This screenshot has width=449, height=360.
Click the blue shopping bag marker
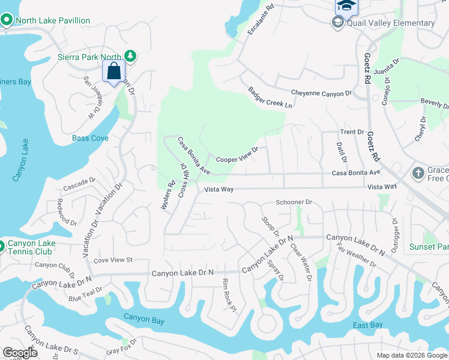point(114,71)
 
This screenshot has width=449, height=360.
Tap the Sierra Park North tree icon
point(129,56)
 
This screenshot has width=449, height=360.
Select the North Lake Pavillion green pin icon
point(7,21)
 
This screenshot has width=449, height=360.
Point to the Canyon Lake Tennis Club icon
point(2,245)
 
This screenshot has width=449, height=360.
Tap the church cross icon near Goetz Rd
point(419,173)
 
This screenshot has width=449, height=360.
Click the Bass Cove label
point(90,139)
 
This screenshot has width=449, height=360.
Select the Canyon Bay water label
point(144,317)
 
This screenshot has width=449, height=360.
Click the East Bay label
point(367,325)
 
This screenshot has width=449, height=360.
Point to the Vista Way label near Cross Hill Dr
point(218,189)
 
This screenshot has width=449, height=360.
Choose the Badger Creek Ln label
point(270,97)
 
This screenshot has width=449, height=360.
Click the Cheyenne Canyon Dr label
point(321,94)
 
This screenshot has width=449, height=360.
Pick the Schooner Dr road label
point(294,203)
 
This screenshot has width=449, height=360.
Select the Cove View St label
point(112,260)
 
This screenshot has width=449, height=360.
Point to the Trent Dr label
point(352,132)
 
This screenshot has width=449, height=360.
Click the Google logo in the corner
point(20,353)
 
